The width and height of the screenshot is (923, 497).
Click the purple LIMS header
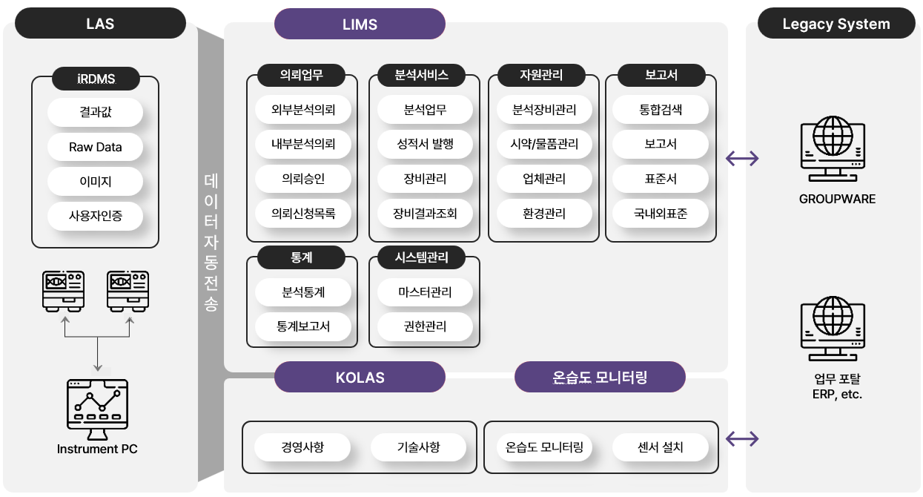pos(360,24)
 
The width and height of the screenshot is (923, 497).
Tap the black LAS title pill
pos(100,24)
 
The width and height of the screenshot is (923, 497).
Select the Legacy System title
pos(836,24)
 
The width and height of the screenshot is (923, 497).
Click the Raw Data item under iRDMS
pos(95,147)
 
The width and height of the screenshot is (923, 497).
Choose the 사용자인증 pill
pos(95,216)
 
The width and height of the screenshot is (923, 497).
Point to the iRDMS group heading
pos(96,79)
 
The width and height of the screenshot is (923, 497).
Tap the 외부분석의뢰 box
pos(303,109)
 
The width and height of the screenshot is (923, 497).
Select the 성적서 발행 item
pos(425,144)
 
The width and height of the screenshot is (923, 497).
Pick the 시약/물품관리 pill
pos(544,144)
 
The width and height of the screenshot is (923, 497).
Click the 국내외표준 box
pos(661,213)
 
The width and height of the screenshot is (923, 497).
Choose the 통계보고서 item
pos(303,326)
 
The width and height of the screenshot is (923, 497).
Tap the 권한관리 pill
pos(425,326)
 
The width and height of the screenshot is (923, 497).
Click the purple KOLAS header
pos(360,377)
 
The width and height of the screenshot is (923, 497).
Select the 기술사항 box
pos(419,447)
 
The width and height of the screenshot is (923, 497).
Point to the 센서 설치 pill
pos(661,447)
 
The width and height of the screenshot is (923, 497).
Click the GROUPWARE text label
pos(837,199)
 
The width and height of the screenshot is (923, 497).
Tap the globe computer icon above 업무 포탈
pos(833,329)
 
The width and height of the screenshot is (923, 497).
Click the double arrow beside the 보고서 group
pos(742,159)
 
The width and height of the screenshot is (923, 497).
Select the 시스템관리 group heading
pos(422,257)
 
